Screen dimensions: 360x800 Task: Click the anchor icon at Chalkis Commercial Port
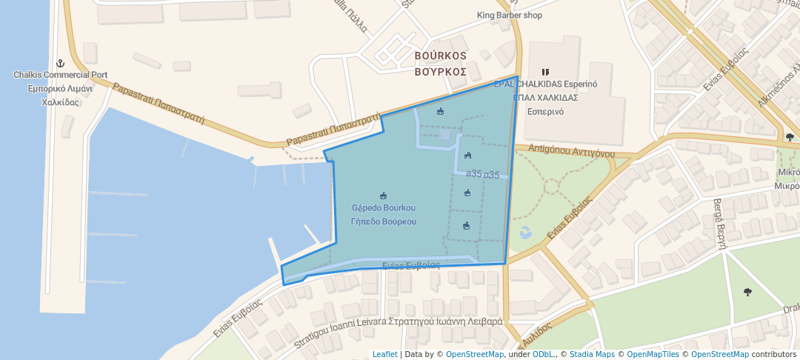61,63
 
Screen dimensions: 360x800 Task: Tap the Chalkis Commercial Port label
61,75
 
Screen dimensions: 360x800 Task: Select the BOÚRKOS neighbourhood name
440,56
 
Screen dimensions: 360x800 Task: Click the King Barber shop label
510,15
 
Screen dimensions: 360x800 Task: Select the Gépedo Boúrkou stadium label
383,208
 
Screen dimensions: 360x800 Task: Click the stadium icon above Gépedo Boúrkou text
383,196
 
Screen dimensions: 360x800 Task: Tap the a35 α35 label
483,175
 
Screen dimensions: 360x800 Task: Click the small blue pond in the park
525,232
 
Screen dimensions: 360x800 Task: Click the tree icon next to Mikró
790,137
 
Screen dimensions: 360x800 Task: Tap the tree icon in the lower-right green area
747,291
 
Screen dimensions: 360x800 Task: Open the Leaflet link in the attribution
384,354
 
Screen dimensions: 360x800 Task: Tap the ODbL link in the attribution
543,354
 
